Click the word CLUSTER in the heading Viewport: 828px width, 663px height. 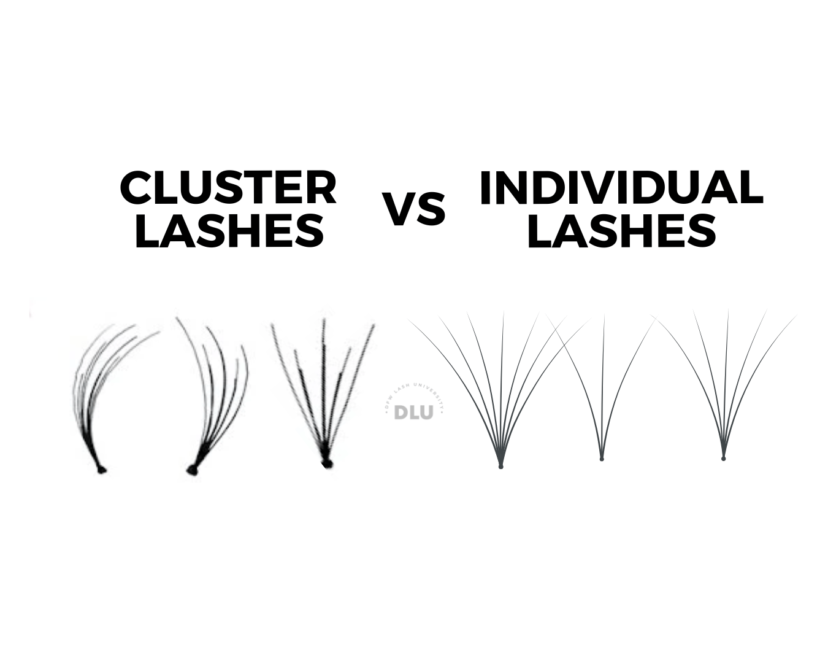coord(228,188)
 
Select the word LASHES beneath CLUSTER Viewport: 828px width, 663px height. coord(228,231)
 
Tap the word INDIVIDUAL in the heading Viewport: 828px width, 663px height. coord(621,188)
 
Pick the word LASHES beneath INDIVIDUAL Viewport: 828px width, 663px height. coord(621,231)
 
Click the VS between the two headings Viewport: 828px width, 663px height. coord(414,209)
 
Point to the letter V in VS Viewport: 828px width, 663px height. coord(399,209)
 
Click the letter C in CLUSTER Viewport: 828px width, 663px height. coord(136,188)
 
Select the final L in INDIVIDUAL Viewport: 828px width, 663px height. coord(752,188)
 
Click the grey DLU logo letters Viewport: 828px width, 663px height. coord(413,413)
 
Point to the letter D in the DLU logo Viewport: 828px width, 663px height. coord(401,413)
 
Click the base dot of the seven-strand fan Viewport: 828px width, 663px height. coord(501,467)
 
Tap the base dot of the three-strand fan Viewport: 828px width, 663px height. coord(602,459)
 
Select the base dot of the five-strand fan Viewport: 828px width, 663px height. coord(724,458)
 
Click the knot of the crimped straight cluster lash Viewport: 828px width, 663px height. coord(326,462)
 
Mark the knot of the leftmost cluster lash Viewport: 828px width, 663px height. coord(101,470)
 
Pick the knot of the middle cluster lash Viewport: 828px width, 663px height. coord(192,470)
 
